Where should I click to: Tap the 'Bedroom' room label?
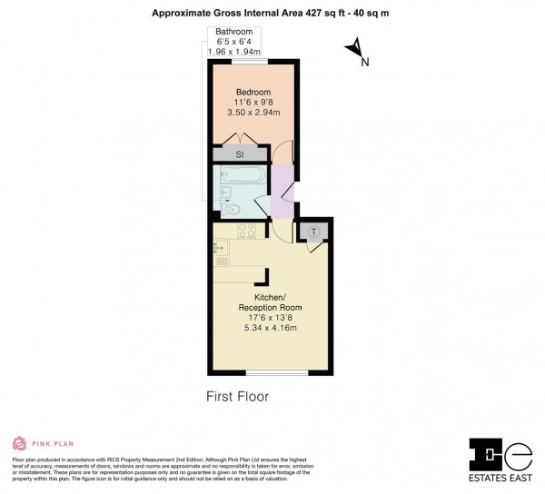pyautogui.click(x=253, y=92)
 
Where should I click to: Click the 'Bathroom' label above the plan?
pyautogui.click(x=234, y=33)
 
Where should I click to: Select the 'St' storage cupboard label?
pyautogui.click(x=240, y=154)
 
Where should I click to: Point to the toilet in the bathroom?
pyautogui.click(x=233, y=209)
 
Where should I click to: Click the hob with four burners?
pyautogui.click(x=245, y=232)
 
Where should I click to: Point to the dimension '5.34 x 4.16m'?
pyautogui.click(x=271, y=328)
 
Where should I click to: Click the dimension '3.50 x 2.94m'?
pyautogui.click(x=253, y=113)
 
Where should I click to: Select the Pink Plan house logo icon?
pyautogui.click(x=17, y=444)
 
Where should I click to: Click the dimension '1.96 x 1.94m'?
pyautogui.click(x=234, y=53)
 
